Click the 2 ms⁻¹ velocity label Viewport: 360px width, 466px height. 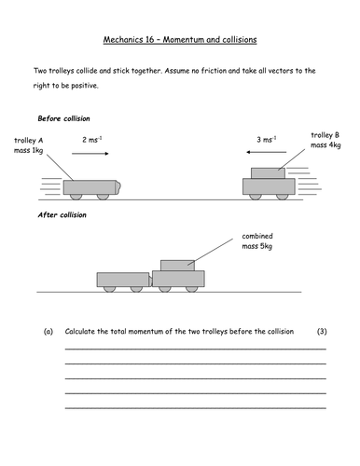[92, 139]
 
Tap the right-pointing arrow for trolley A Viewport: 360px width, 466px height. [93, 155]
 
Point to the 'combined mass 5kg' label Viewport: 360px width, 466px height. [263, 241]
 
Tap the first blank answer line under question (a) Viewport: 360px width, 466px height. [194, 349]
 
